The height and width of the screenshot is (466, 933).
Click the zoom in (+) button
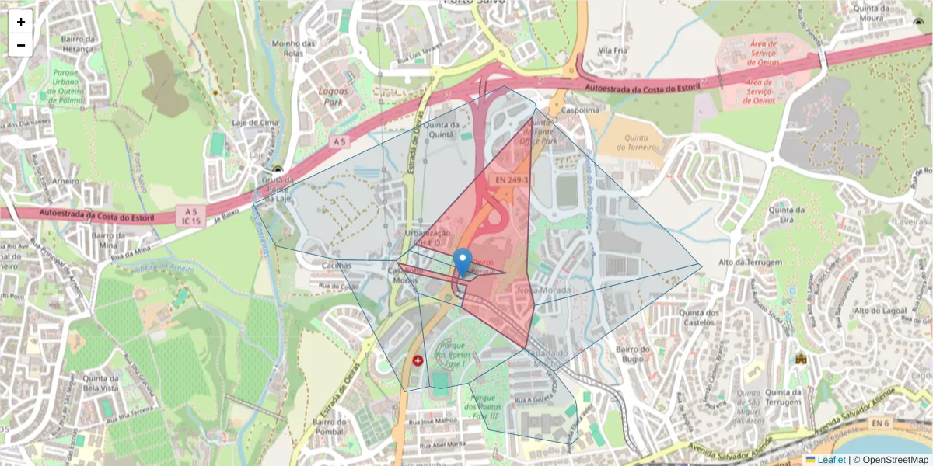pos(21,22)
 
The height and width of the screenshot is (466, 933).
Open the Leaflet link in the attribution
pos(830,460)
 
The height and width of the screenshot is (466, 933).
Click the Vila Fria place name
pos(613,50)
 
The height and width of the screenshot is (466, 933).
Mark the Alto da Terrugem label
pos(750,263)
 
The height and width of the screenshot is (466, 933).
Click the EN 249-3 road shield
pos(512,180)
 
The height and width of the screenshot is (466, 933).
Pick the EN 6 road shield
pos(879,422)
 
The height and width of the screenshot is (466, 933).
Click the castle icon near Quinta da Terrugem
pos(800,360)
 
